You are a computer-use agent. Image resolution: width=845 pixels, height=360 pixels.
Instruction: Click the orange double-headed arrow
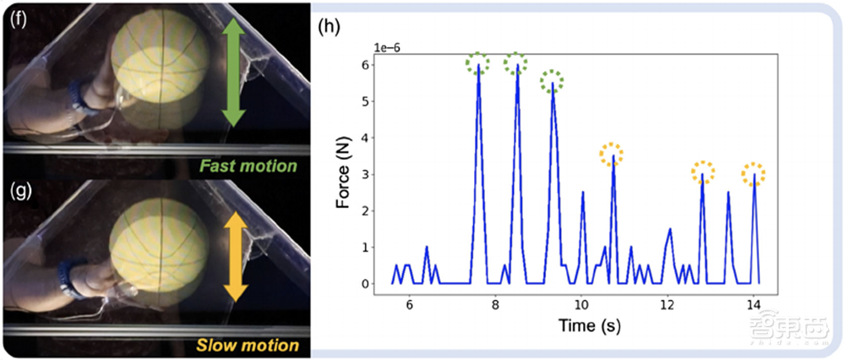click(x=236, y=258)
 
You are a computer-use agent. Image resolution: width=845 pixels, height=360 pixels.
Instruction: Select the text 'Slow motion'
click(x=248, y=345)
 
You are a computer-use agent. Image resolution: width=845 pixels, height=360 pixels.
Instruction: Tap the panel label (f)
click(x=19, y=17)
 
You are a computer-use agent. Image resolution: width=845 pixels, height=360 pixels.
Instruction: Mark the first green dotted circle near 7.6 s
click(x=479, y=63)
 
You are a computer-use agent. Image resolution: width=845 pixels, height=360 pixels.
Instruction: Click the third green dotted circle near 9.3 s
click(x=552, y=81)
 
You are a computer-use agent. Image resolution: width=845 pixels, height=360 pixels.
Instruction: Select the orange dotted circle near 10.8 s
click(x=613, y=154)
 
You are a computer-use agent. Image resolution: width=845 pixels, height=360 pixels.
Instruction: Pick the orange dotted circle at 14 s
click(x=754, y=174)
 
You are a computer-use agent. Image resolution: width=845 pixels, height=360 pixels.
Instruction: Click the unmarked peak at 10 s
click(x=583, y=193)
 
